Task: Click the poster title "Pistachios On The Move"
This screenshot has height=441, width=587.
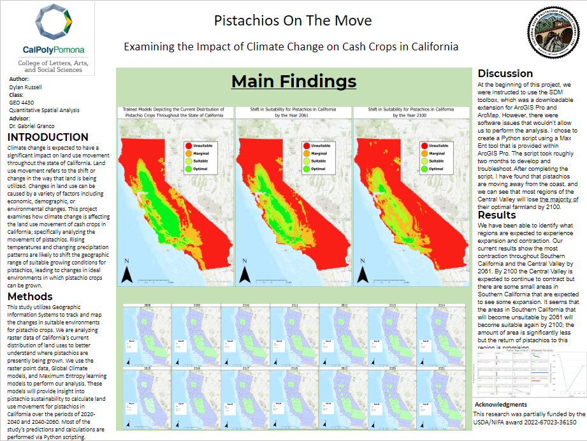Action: pyautogui.click(x=293, y=20)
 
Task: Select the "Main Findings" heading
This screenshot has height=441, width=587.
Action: pyautogui.click(x=293, y=82)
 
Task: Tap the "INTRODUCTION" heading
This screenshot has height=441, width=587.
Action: pyautogui.click(x=48, y=137)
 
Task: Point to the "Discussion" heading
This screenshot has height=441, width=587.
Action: pyautogui.click(x=505, y=73)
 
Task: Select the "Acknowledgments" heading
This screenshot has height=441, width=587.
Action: pyautogui.click(x=500, y=405)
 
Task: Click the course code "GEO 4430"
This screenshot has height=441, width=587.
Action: pyautogui.click(x=23, y=102)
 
